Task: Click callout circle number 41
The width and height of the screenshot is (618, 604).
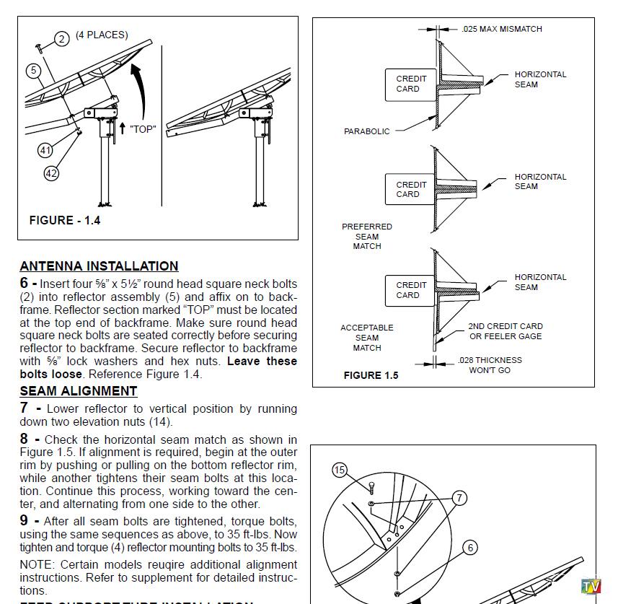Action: (45, 150)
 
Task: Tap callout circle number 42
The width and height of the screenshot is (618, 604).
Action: (51, 173)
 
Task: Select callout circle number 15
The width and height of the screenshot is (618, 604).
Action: (340, 470)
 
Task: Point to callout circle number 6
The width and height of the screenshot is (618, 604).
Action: (470, 548)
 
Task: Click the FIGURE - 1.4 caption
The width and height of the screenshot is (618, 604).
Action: (65, 220)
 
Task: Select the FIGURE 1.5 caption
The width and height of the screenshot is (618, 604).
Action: (371, 375)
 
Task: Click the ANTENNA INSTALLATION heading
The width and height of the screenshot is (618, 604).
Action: (99, 266)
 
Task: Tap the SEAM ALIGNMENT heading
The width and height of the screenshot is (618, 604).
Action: (78, 391)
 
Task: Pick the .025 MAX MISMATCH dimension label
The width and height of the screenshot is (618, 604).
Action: (501, 29)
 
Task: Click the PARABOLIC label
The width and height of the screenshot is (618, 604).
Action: (366, 131)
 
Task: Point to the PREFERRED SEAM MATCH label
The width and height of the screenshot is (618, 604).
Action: (367, 236)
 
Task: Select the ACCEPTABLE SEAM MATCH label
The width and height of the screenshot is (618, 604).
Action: (367, 337)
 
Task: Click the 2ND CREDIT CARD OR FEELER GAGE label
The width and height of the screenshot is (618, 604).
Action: (506, 331)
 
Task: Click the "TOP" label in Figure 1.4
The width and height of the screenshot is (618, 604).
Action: (143, 129)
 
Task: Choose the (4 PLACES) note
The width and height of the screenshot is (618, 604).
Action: (102, 35)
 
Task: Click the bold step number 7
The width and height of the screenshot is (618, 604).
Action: (25, 408)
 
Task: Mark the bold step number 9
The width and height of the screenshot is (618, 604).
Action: (25, 520)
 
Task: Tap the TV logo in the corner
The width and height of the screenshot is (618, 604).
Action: (591, 585)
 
